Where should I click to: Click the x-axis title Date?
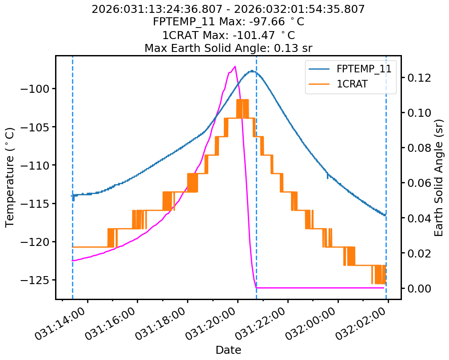[x=228, y=350]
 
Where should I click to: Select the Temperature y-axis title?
[x=10, y=177]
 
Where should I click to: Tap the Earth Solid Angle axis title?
[x=439, y=177]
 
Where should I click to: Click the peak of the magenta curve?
[x=234, y=67]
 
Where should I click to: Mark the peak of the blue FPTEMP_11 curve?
[x=252, y=71]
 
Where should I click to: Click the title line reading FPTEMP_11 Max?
[x=228, y=22]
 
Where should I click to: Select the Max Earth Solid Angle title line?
[x=228, y=48]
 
